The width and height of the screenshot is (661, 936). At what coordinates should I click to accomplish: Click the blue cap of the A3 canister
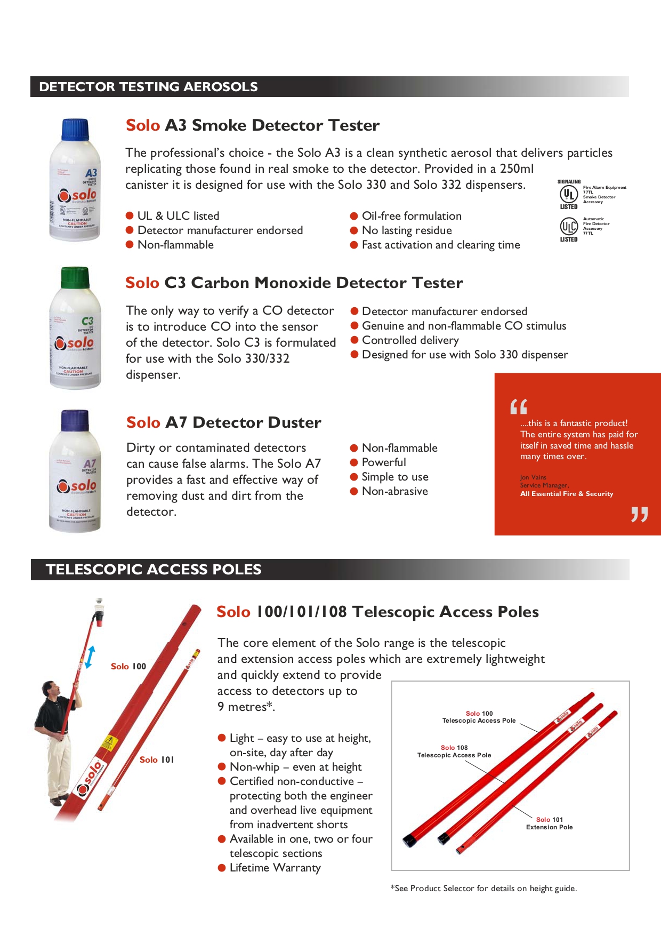[75, 130]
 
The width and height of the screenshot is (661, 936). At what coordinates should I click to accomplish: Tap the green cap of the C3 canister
[75, 278]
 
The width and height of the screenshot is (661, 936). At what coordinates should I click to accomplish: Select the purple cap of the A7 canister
[75, 421]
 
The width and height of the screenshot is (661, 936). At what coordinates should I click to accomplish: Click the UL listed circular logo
[569, 194]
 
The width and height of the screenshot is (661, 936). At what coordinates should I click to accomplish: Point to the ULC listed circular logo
[568, 226]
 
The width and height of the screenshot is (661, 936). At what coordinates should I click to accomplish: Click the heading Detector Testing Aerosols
[148, 87]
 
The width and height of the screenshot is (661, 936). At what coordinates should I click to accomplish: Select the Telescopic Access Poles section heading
[154, 570]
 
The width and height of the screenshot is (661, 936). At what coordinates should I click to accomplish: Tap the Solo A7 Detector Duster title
[223, 422]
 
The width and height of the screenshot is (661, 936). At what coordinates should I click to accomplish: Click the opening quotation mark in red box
[518, 406]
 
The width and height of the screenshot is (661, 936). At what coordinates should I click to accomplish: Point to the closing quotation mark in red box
[639, 514]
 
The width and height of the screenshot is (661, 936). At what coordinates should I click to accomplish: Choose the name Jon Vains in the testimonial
[533, 477]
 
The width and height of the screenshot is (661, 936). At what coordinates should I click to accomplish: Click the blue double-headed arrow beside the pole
[90, 657]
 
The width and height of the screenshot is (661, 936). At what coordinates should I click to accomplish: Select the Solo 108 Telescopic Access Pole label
[454, 751]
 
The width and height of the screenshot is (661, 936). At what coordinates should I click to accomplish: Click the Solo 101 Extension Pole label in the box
[549, 823]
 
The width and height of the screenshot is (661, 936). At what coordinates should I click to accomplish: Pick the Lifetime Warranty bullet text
[275, 868]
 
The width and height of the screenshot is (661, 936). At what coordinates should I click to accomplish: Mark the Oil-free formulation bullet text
[412, 216]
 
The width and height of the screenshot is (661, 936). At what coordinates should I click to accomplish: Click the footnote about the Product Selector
[483, 889]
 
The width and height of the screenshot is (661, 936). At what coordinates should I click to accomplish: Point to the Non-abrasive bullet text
[394, 491]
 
